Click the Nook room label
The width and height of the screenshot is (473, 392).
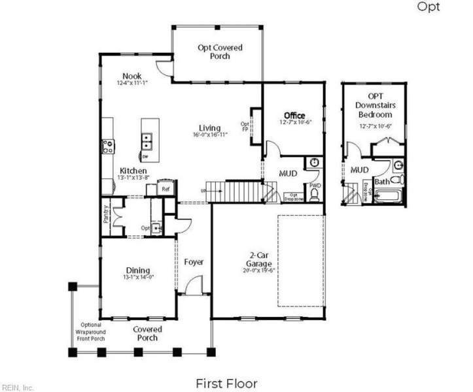coord(131,76)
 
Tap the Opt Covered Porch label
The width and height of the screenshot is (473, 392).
coord(220,52)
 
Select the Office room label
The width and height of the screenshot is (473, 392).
coord(294,116)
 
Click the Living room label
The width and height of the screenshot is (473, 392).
coord(210,128)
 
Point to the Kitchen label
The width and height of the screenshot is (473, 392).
coord(132,171)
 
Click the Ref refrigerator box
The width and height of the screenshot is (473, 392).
coord(166,189)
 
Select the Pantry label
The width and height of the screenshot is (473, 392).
coord(106,216)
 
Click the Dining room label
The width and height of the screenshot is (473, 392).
coord(137,270)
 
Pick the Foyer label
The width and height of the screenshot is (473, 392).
coord(194,262)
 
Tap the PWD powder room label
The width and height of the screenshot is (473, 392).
coord(315,186)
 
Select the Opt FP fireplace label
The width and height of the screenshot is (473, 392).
coord(245,127)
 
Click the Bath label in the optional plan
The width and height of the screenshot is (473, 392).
coord(381,181)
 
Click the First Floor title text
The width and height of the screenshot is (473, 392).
coord(226,384)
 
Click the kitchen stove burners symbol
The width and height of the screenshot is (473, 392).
coord(107,146)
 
